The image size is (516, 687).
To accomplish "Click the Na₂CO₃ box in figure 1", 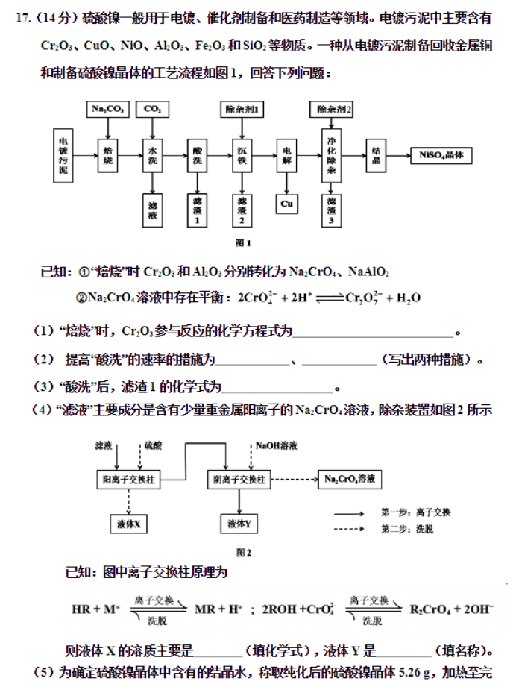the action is (x=108, y=109).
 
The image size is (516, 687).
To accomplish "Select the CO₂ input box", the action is (x=152, y=109).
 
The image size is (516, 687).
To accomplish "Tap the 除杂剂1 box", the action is (x=242, y=109).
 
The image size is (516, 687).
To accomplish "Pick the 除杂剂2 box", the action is (x=332, y=109).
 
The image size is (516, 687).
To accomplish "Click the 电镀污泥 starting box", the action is (x=63, y=156).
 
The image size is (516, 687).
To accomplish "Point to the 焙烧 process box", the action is (x=108, y=156).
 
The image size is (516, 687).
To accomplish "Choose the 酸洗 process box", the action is (x=197, y=156).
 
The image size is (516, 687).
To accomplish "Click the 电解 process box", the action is (x=286, y=156).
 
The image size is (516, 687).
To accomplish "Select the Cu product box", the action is (x=286, y=204).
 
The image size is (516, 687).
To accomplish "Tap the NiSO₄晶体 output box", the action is (x=441, y=155).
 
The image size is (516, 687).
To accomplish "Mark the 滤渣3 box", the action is (x=331, y=210).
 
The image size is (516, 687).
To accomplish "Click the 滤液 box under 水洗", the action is (x=152, y=210).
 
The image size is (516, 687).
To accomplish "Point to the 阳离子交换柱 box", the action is (x=128, y=480).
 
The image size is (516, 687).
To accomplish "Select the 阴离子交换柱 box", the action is (x=239, y=480).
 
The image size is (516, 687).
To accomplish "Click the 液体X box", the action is (x=129, y=524).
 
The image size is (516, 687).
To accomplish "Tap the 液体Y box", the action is (x=239, y=524).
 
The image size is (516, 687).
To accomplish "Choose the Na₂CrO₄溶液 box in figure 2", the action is (x=350, y=480).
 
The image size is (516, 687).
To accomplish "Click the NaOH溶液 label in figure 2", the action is (x=277, y=445).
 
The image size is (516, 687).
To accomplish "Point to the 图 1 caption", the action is (x=243, y=243).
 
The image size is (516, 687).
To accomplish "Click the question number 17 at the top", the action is (x=23, y=19).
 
